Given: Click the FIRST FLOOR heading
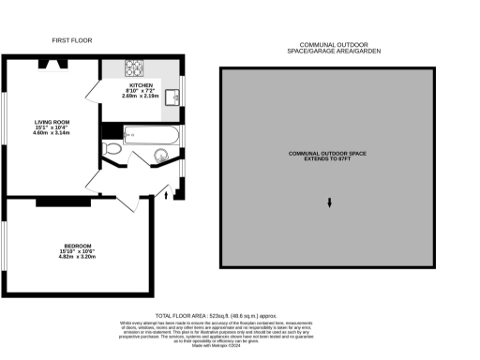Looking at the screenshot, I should point(71,40).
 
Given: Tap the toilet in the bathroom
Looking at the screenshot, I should point(112,148).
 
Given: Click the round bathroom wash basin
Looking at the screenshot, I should point(147,157).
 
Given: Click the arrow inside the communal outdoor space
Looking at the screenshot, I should point(329,203).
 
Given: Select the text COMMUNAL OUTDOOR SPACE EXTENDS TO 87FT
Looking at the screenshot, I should point(328,156).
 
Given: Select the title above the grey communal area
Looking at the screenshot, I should point(328,47).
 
